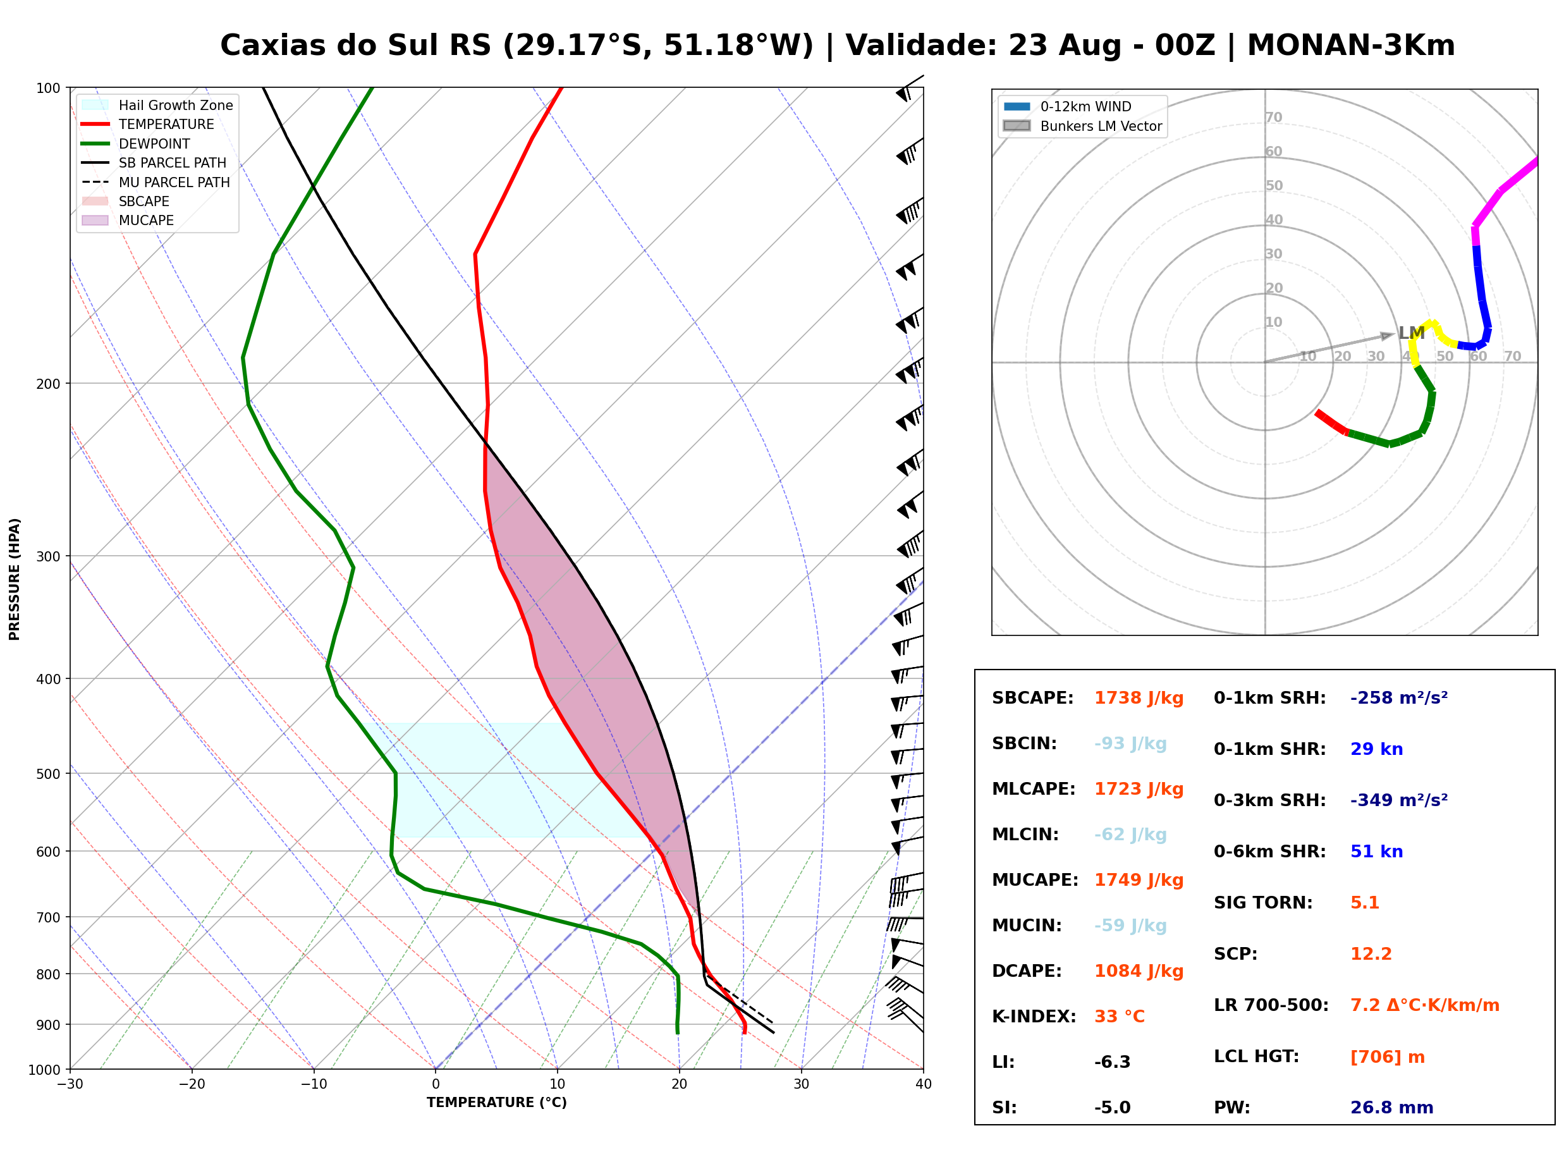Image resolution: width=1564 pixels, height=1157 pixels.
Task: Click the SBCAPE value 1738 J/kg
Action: click(x=1139, y=698)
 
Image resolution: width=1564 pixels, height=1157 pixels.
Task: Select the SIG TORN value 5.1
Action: click(x=1364, y=903)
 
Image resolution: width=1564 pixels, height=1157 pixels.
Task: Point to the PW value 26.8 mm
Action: click(x=1392, y=1107)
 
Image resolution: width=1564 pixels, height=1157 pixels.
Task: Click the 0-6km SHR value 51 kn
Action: click(x=1376, y=852)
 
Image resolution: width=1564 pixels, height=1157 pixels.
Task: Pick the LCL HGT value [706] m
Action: click(x=1388, y=1057)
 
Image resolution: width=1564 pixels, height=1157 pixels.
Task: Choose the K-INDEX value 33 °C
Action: click(x=1120, y=1016)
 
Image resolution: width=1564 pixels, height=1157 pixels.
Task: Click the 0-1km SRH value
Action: click(x=1399, y=698)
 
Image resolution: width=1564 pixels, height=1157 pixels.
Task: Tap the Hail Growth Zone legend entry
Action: click(x=157, y=105)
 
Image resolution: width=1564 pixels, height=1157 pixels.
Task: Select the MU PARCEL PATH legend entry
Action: click(x=156, y=182)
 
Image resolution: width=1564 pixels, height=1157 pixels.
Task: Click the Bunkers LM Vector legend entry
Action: click(x=1082, y=126)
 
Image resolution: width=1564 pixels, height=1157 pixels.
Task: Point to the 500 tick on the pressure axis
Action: click(x=47, y=774)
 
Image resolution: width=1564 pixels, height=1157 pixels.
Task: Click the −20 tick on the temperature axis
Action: click(x=191, y=1084)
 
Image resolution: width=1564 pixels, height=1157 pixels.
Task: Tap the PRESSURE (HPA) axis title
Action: click(x=15, y=579)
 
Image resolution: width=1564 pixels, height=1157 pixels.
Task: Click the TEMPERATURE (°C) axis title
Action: click(x=496, y=1103)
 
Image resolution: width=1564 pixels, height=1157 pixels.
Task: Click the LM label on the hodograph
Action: click(x=1412, y=333)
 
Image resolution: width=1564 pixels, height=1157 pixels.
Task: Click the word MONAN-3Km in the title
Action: click(x=1350, y=46)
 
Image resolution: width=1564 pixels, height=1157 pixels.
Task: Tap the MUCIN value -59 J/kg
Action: click(x=1130, y=925)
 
